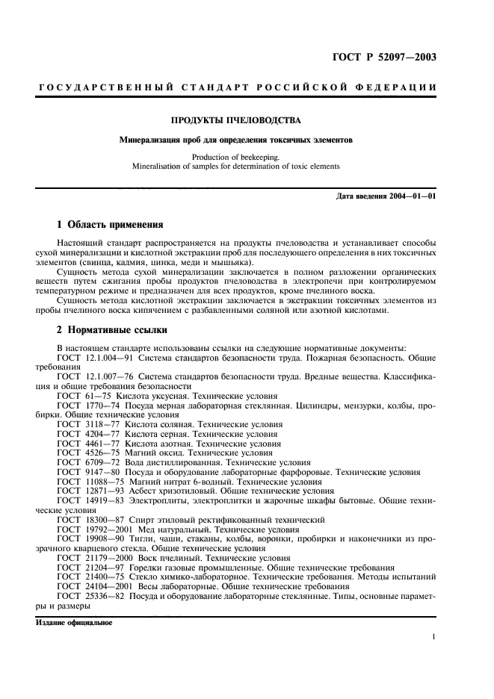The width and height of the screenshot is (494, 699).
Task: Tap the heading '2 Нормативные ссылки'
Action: [112, 329]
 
